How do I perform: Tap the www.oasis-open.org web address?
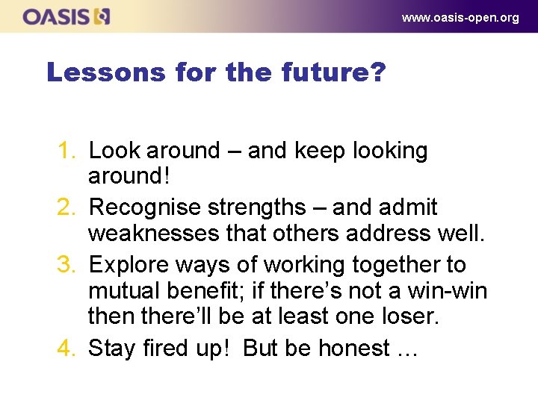click(460, 17)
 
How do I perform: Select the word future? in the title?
click(333, 72)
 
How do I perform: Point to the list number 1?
click(69, 151)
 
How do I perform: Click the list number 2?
click(69, 207)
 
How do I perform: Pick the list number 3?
click(69, 265)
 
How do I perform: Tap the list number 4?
click(69, 349)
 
